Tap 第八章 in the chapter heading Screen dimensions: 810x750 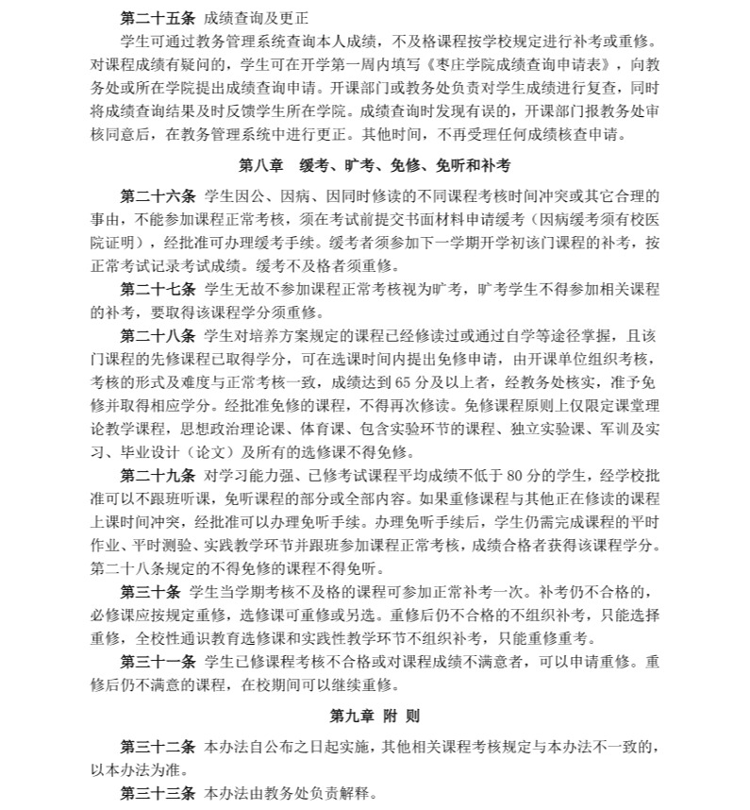[x=261, y=165]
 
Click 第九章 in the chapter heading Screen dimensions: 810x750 [x=352, y=717]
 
